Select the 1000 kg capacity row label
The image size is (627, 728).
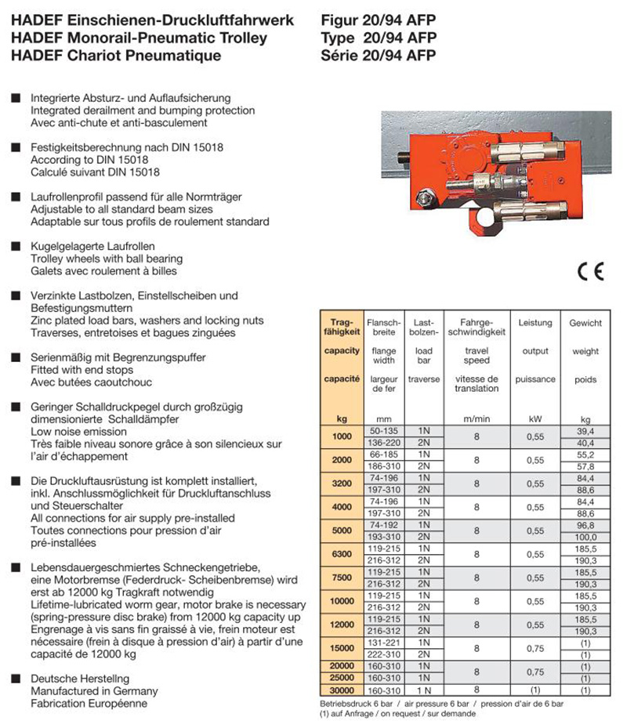[342, 436]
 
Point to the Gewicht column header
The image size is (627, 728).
[585, 323]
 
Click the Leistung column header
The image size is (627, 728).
[535, 323]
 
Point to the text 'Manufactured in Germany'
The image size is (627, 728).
[94, 690]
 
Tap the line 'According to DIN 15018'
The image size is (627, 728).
[83, 158]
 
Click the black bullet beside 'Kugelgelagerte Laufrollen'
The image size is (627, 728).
[15, 246]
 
